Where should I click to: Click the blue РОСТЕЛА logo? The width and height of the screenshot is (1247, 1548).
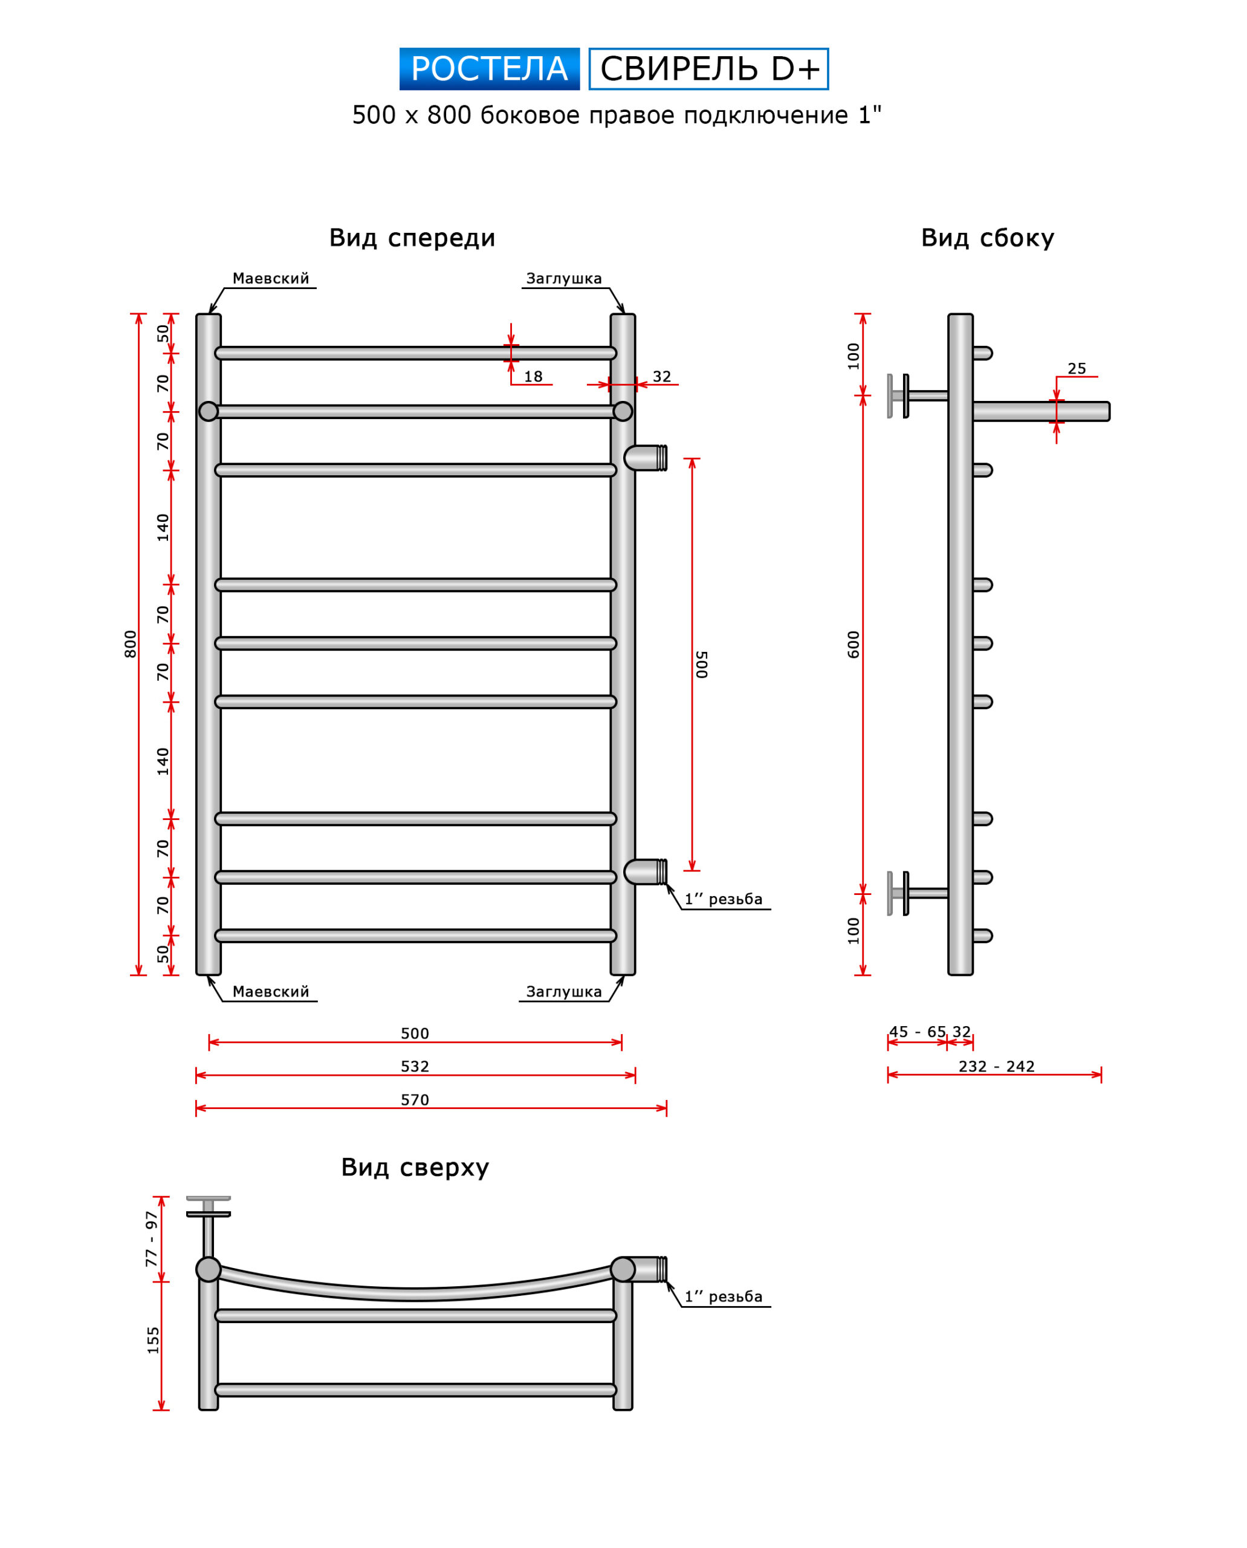pos(489,69)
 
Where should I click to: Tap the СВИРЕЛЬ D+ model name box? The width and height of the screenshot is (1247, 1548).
pos(708,69)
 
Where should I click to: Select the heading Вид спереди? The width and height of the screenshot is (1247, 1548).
pos(412,238)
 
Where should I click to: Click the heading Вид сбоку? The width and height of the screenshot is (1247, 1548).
pos(987,238)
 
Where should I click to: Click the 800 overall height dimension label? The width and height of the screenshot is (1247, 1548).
pos(130,644)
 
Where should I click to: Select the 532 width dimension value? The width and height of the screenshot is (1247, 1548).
pos(415,1067)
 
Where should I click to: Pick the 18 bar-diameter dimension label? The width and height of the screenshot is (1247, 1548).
pos(533,377)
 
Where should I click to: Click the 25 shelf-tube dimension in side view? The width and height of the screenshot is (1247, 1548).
pos(1076,369)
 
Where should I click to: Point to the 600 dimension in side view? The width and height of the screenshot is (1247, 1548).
pos(853,645)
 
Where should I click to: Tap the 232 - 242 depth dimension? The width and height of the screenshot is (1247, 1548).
pos(996,1067)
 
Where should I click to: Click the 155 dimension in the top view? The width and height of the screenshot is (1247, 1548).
pos(153,1341)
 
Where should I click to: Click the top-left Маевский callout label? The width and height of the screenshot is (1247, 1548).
pos(271,279)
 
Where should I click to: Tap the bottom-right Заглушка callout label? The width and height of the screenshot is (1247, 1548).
pos(564,992)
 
